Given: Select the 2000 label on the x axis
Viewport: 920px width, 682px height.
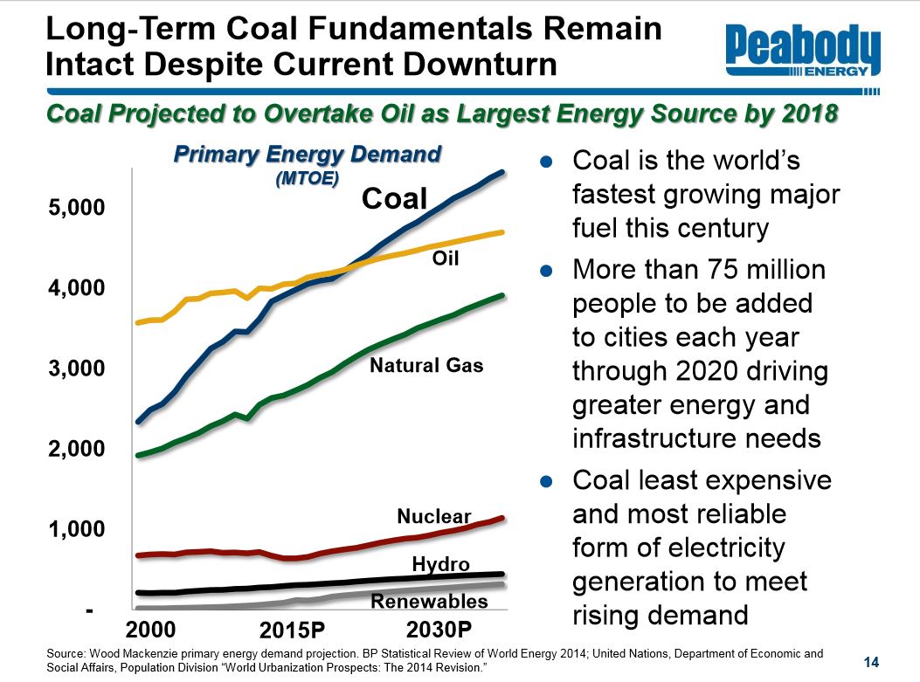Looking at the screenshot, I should tap(152, 630).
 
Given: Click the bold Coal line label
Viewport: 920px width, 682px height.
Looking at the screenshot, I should tap(394, 198).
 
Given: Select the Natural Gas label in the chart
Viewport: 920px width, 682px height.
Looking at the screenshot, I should tap(426, 366).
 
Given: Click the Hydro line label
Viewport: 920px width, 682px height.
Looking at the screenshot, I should tap(441, 564).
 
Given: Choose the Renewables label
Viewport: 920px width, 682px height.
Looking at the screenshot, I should tap(429, 602).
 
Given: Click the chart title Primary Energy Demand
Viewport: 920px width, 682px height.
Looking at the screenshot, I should tap(308, 155).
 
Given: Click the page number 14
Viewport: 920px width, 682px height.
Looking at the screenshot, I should tap(869, 659).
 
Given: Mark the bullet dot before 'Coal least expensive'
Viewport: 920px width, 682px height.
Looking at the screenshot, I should tap(547, 481).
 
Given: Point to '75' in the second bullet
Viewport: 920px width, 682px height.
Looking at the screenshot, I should tap(715, 270).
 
